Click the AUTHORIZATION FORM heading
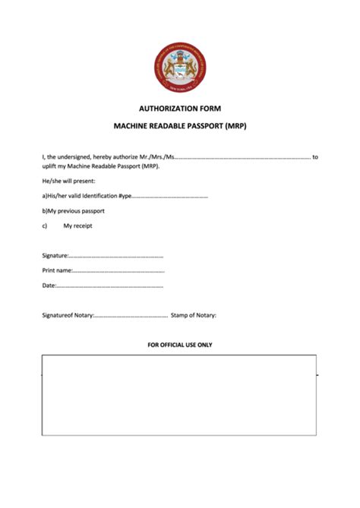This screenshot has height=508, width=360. click(x=180, y=109)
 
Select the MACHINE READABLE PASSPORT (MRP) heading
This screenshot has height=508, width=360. click(x=180, y=126)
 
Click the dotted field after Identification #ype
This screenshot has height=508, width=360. click(x=170, y=196)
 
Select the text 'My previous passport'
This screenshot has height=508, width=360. click(x=76, y=210)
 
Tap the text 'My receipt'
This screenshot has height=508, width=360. click(x=78, y=226)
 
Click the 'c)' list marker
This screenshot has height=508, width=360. click(x=45, y=226)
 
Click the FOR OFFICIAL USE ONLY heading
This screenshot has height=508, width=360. click(x=180, y=345)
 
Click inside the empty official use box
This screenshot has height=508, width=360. click(x=179, y=395)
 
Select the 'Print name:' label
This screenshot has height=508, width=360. click(x=58, y=270)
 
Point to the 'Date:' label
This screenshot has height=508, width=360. click(x=49, y=286)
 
